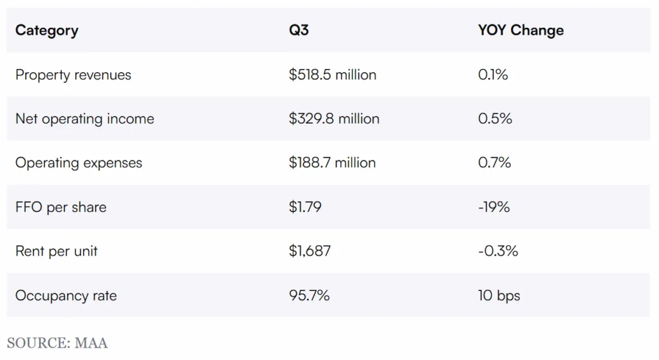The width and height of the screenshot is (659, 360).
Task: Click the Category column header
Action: [47, 30]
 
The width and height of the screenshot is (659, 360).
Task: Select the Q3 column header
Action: [299, 30]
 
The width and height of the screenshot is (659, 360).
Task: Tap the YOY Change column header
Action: [521, 30]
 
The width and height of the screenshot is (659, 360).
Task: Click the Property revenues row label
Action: [73, 75]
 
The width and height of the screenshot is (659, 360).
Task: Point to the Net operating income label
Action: [85, 119]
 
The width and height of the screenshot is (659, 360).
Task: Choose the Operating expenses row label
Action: [79, 163]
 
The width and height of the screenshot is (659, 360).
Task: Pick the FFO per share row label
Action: [61, 207]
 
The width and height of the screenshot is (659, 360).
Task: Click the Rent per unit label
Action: [57, 251]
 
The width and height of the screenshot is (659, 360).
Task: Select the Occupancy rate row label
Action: [66, 296]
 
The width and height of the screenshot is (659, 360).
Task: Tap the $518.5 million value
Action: [333, 75]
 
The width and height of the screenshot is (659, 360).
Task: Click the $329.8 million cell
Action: [334, 119]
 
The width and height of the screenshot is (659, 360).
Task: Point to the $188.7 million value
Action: [333, 163]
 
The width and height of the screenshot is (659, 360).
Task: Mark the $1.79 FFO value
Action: [305, 207]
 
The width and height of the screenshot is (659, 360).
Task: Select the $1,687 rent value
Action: [310, 251]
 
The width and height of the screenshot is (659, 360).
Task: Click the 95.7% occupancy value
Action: [310, 296]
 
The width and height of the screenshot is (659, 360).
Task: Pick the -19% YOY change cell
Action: [494, 207]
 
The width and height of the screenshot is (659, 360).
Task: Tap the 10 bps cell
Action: [499, 296]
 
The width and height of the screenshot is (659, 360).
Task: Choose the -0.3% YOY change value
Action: [498, 251]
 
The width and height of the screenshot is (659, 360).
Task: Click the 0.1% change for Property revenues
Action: [493, 75]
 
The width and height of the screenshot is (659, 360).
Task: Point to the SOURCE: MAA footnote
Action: [57, 342]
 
